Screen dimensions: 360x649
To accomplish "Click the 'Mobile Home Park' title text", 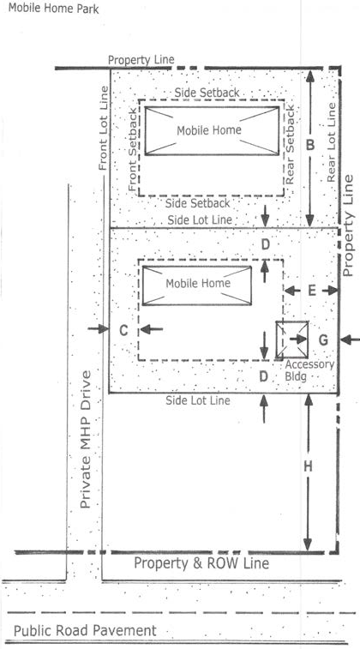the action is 53,9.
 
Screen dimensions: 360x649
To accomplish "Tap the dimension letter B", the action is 310,145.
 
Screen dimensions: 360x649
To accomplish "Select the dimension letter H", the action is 308,466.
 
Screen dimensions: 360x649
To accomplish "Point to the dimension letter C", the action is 123,330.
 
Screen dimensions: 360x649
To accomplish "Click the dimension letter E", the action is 312,291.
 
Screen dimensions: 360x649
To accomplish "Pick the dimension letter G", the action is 323,340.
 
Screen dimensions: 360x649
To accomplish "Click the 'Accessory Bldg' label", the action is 309,370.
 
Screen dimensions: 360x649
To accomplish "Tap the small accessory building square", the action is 292,340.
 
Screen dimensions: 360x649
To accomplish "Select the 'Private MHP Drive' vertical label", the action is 85,440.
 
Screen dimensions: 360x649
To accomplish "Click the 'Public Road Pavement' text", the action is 85,630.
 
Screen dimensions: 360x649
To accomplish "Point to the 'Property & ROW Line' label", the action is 201,563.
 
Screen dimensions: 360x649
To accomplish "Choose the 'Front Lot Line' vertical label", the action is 103,129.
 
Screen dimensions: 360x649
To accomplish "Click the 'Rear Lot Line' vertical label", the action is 332,143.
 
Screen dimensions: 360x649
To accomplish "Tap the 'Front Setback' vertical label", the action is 133,150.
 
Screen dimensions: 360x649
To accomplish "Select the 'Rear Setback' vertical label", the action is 290,145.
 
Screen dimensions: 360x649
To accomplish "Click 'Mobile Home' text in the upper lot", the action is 209,130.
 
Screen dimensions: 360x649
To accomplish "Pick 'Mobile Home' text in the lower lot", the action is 198,284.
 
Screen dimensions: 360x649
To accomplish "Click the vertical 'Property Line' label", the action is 348,225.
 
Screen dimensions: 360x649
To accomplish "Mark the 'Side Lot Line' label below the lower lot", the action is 198,400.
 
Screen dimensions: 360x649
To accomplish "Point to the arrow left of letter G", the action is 297,340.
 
